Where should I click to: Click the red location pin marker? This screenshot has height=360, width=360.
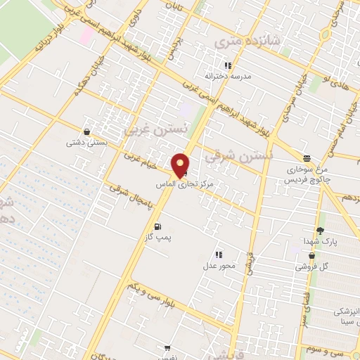pos(180,165)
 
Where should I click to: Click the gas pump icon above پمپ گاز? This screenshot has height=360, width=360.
pos(157,226)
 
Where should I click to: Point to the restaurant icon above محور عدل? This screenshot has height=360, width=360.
pos(219,255)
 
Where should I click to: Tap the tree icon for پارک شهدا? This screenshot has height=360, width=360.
pos(321,231)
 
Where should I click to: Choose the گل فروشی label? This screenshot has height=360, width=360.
pos(311,267)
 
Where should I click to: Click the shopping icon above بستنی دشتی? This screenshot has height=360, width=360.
pos(86,131)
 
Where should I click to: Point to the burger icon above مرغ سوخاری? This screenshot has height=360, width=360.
pos(307,158)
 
